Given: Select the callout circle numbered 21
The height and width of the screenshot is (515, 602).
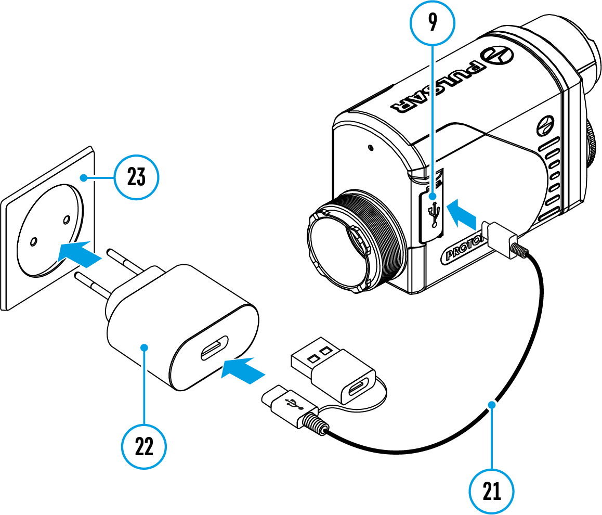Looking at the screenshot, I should pos(491,491).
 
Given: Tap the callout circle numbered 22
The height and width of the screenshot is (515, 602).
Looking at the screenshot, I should pos(144,446).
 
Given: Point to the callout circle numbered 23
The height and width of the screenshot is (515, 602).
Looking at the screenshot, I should pos(137,178).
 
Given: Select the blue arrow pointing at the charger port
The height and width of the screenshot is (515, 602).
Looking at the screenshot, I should pos(243,371).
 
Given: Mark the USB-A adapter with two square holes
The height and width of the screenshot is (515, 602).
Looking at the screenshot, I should pos(331,371).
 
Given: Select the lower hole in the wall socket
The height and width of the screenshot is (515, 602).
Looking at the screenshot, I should pos(33,242).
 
